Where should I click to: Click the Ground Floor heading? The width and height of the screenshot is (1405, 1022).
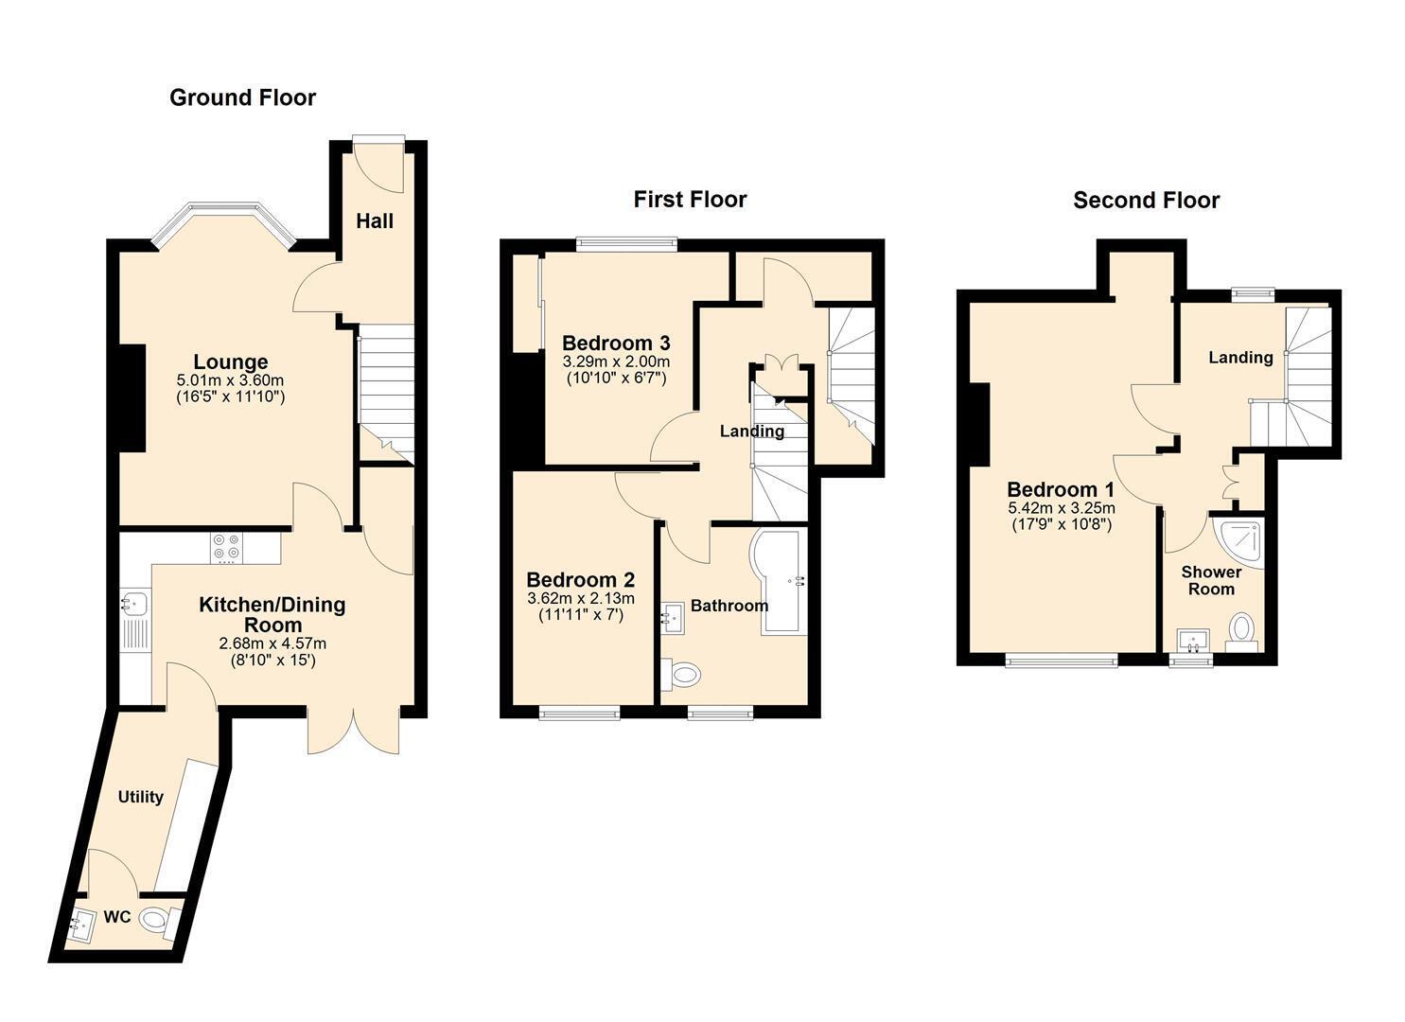tap(243, 97)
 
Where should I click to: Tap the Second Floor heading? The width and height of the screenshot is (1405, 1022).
tap(1146, 200)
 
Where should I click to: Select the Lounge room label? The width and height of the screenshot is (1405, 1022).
tap(230, 362)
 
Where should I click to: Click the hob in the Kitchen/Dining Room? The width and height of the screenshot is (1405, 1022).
tap(227, 548)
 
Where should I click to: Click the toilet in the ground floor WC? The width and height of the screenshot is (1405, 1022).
tap(156, 922)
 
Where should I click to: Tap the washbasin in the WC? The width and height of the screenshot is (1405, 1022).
tap(81, 924)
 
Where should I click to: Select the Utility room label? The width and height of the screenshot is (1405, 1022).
tap(140, 796)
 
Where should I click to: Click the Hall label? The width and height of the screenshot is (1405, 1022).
tap(375, 220)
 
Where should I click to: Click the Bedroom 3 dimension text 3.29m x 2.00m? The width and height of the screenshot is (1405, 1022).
tap(616, 362)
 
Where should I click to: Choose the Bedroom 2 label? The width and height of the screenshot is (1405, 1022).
tap(580, 580)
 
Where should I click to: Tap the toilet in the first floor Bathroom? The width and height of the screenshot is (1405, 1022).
tap(681, 675)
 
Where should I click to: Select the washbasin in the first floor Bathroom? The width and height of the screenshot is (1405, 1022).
tap(673, 618)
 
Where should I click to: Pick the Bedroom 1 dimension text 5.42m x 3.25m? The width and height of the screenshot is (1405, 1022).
tap(1062, 507)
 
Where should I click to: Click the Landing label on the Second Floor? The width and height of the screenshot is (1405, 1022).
tap(1240, 358)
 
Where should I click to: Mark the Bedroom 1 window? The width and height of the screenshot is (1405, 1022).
tap(1062, 660)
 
